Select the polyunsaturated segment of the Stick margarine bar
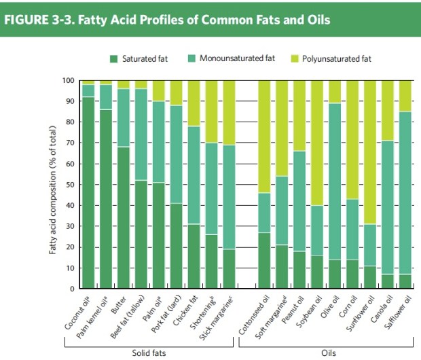tap(229, 112)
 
